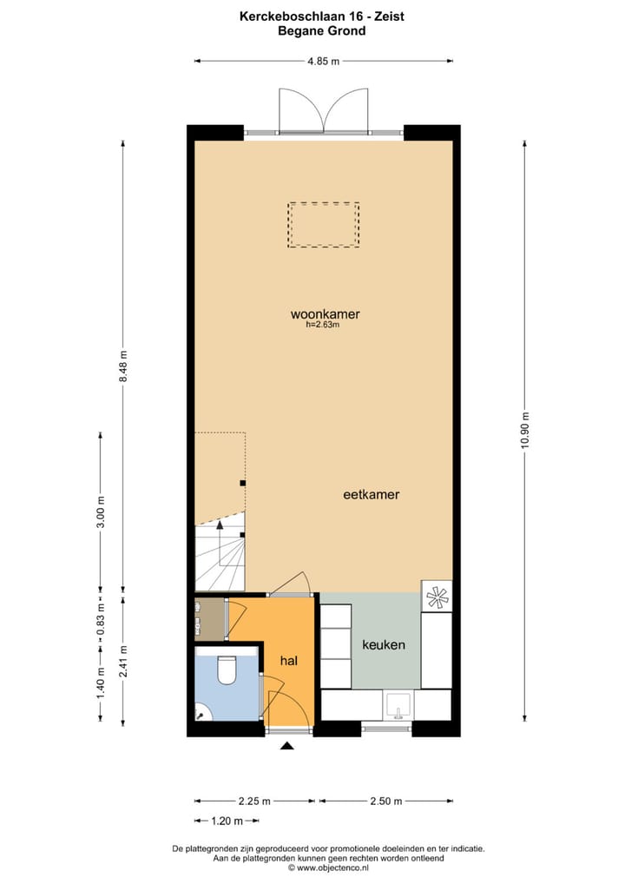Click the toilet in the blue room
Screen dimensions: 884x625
[x=227, y=670]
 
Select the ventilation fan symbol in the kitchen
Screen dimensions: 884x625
[x=437, y=596]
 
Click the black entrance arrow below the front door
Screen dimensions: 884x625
[x=287, y=745]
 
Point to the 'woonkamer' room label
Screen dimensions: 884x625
[x=325, y=314]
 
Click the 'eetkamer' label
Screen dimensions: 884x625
[x=371, y=494]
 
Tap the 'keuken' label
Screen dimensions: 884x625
[x=384, y=645]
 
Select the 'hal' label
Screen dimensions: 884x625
[x=289, y=661]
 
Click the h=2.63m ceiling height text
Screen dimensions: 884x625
[x=322, y=326]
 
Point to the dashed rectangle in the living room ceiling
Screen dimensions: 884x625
[x=324, y=225]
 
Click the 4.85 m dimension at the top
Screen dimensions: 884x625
[x=322, y=61]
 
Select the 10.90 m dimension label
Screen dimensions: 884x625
[x=525, y=429]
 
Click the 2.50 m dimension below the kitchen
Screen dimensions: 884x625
[x=385, y=801]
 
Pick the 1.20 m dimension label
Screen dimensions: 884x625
[x=227, y=821]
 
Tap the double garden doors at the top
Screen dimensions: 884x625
[x=323, y=110]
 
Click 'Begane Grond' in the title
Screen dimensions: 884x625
[x=321, y=31]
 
